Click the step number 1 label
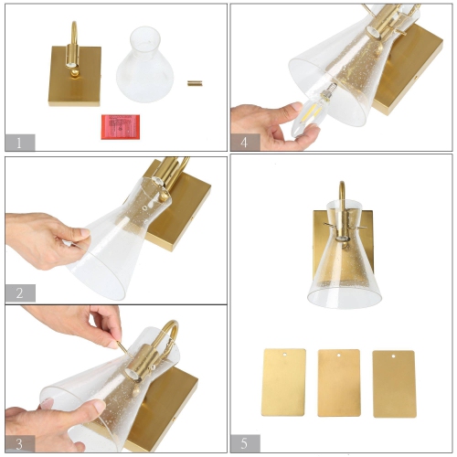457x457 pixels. (19, 142)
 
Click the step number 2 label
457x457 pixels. (19, 292)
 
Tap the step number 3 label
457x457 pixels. (19, 442)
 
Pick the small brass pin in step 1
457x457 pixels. (195, 83)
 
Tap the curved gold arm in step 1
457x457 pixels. (71, 35)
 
